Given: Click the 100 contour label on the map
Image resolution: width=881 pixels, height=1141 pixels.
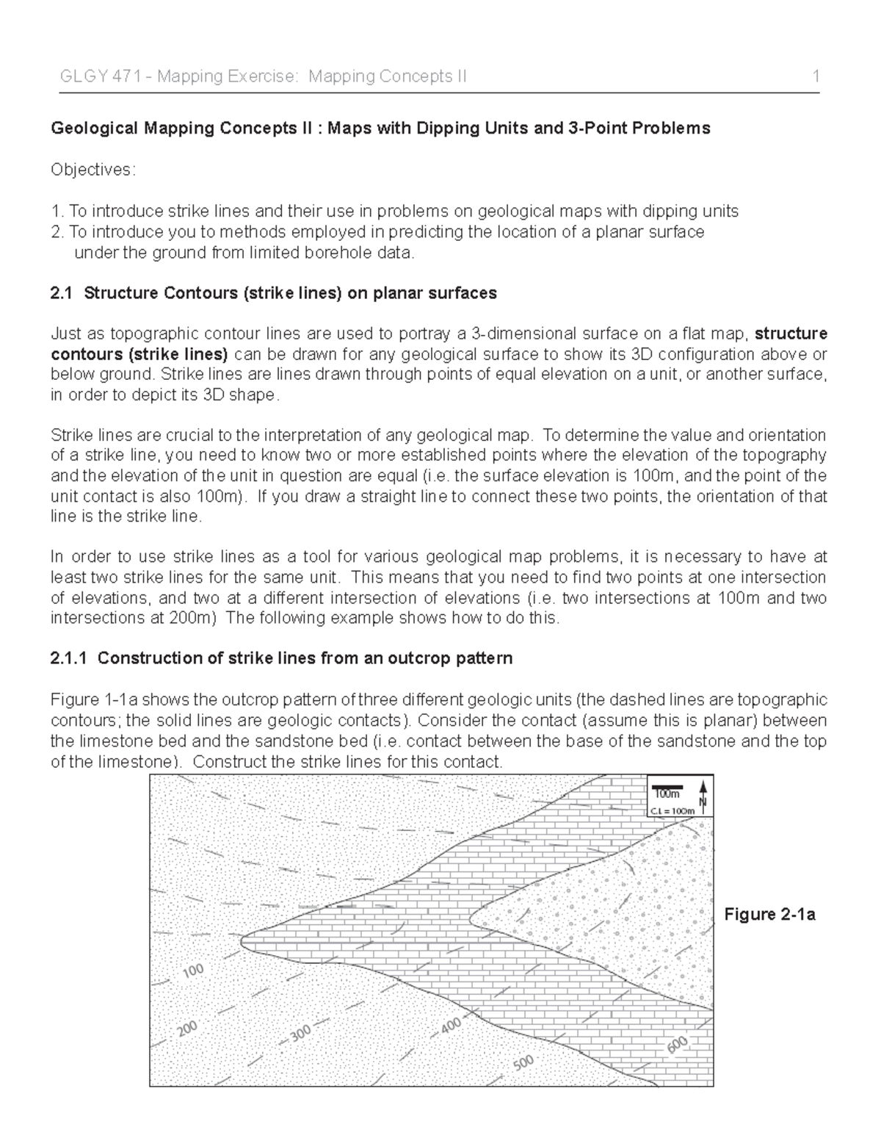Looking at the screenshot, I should pos(193,971).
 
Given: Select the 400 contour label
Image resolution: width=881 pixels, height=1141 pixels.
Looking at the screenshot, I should pos(451,1024).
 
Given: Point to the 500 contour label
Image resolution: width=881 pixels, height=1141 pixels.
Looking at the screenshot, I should pos(523,1062).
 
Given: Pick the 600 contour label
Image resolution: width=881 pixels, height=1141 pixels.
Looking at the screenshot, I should pos(678,1044).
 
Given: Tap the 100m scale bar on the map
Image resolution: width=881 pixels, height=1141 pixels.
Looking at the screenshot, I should pos(667,791).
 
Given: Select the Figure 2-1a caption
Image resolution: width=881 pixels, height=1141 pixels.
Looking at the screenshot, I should pos(769,915).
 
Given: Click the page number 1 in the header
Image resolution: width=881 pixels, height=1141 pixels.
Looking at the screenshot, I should pos(816,76).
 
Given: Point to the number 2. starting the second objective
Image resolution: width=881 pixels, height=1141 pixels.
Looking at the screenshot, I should pos(57,232).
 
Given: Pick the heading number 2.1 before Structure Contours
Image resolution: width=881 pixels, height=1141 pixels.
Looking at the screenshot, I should pos(62,294).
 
